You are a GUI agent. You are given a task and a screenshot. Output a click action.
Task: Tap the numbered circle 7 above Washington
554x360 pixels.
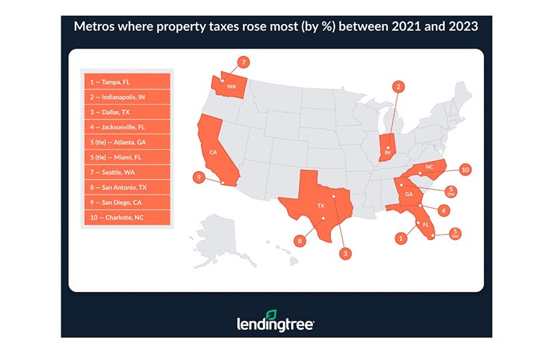point(244,62)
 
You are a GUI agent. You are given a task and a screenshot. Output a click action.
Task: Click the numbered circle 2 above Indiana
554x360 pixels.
point(398,86)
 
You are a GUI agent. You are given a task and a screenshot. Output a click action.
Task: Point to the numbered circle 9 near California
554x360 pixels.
point(198,178)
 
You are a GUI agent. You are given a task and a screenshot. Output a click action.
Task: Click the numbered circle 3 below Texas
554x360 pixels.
point(346,253)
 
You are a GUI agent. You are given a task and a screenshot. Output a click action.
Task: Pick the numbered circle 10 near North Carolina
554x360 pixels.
point(465,170)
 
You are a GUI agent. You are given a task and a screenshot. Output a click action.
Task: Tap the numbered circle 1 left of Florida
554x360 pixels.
point(401,237)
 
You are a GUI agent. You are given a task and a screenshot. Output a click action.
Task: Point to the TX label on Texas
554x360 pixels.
point(320,206)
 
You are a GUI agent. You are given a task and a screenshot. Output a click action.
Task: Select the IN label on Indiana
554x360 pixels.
point(386,153)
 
